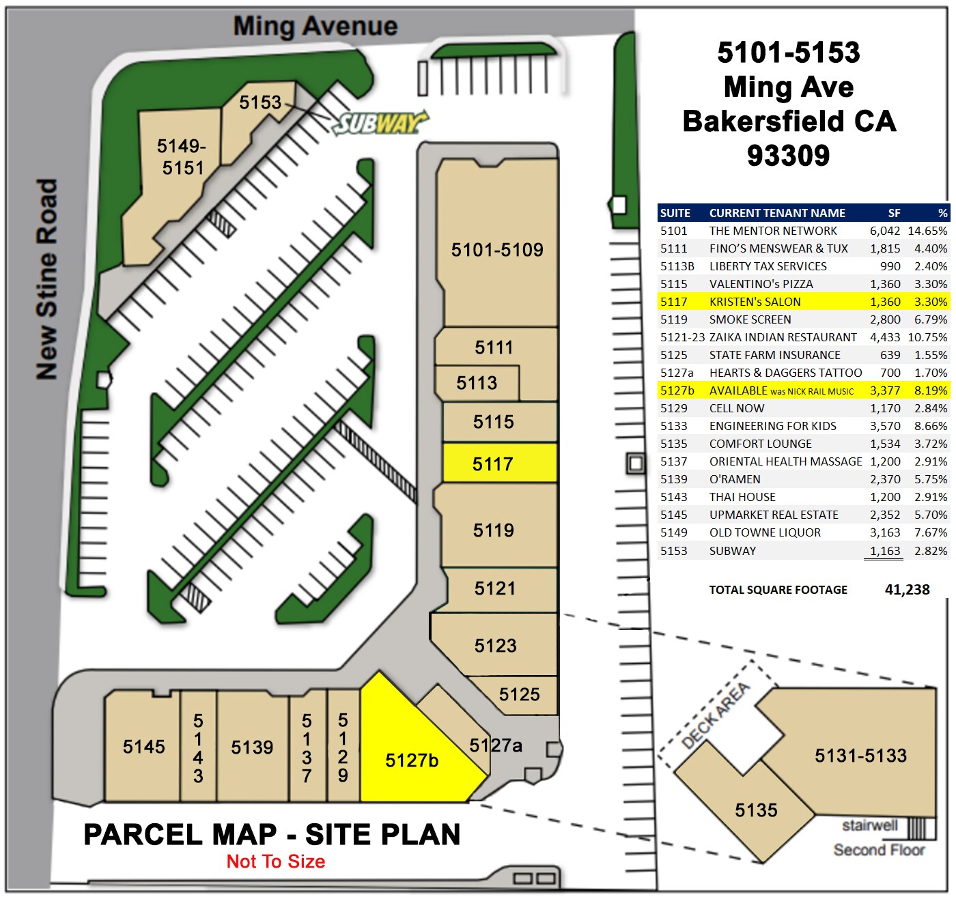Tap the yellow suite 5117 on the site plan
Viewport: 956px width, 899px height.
point(493,464)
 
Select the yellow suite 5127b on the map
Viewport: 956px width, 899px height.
point(412,760)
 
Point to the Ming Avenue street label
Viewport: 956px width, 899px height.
point(315,27)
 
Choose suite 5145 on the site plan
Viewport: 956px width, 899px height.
point(143,746)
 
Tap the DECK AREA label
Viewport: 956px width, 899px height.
point(716,715)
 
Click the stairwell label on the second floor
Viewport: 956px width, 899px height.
point(869,825)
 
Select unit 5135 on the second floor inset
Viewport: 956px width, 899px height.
point(756,810)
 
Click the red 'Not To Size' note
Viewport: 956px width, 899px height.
point(275,861)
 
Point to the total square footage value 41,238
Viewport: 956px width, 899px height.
point(907,590)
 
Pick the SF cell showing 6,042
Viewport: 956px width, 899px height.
point(884,231)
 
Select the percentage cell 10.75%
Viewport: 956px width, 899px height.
point(927,337)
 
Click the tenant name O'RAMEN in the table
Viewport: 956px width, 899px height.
point(735,479)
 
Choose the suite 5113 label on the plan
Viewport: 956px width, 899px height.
point(477,382)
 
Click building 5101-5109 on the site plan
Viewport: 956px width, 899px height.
point(496,250)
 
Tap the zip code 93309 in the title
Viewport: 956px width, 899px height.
point(788,156)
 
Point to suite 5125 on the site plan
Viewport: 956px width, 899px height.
point(519,694)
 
